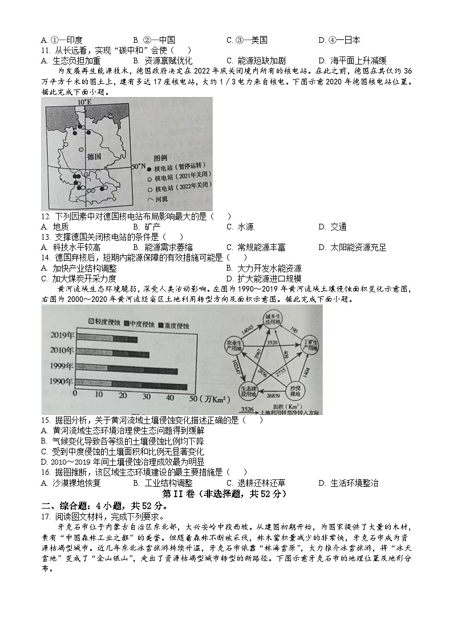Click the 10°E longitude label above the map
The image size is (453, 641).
pos(84,102)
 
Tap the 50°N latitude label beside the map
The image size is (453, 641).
pos(139,166)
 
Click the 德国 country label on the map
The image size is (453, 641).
pos(94,156)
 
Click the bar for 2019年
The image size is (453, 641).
pos(107,340)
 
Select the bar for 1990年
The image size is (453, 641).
pos(131,386)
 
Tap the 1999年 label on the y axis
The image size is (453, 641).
pos(63,371)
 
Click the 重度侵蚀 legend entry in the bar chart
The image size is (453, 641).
pos(170,325)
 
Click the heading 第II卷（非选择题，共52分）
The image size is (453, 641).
pos(224,493)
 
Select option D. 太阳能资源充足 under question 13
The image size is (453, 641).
pos(352,247)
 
